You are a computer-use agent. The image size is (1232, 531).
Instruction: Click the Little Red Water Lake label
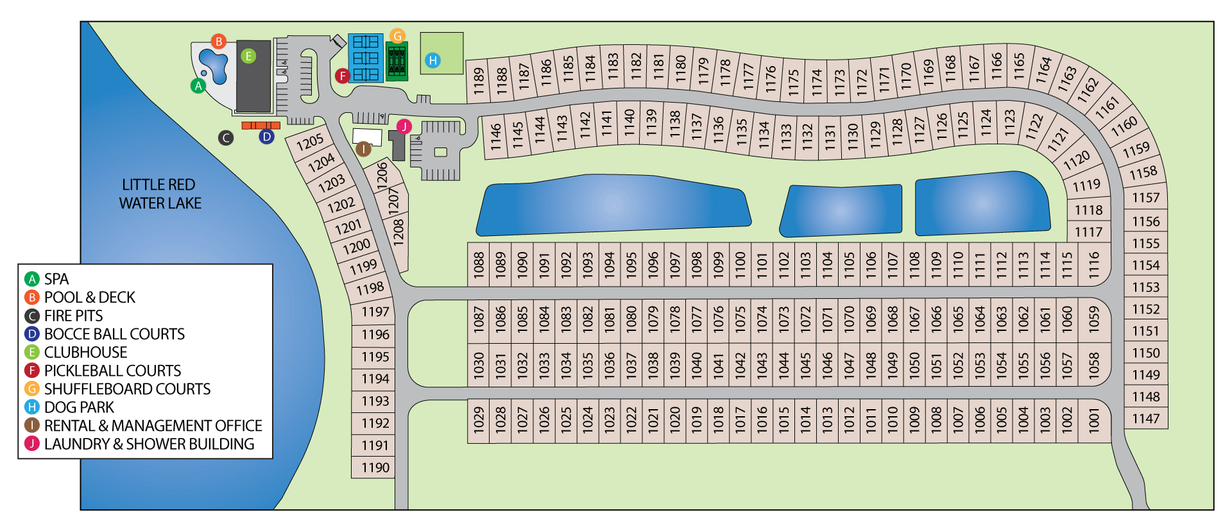160,194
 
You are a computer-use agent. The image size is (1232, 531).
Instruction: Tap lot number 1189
478,81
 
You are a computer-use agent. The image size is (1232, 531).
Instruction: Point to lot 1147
1145,419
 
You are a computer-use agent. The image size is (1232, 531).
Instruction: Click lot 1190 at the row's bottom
375,468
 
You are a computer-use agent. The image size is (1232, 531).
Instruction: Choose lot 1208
398,232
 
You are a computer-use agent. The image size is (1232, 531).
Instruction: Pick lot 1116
1094,264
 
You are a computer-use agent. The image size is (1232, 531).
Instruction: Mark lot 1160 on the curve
1124,126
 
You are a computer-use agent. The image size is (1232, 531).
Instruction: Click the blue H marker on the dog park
433,60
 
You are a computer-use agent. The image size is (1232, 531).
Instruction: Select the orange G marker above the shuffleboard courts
397,36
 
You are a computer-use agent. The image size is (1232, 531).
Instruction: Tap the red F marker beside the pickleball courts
343,76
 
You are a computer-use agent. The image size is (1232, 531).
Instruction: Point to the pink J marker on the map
404,126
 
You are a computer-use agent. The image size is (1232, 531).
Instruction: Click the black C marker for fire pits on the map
225,137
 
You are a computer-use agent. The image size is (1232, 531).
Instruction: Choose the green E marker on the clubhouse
248,56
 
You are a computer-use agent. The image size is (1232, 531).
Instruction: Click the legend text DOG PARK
79,407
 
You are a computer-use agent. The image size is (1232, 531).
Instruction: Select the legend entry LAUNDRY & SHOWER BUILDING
149,444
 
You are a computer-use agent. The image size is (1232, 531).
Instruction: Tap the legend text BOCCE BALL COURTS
114,334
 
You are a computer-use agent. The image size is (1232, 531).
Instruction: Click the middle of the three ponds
842,210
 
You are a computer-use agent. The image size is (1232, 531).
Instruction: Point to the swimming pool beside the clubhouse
214,65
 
